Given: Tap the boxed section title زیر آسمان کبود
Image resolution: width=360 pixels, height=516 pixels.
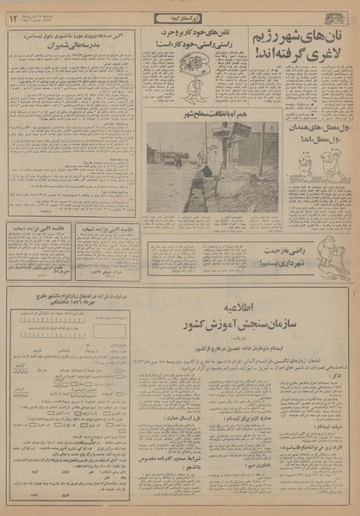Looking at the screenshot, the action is (180, 18).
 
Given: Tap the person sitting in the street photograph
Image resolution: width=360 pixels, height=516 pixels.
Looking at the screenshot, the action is (205, 173).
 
